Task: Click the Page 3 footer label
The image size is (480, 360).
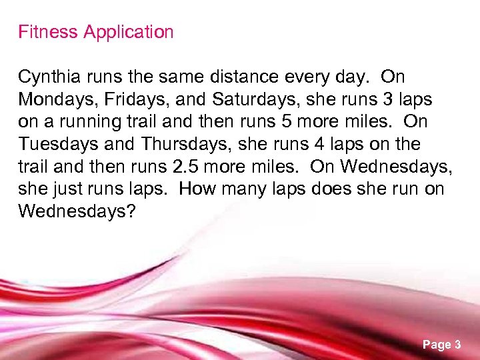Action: pyautogui.click(x=441, y=345)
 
